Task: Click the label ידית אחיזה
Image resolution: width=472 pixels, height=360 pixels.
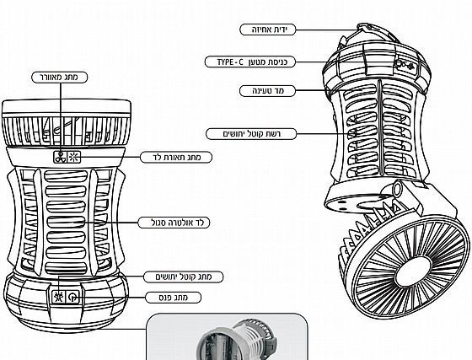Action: [268, 30]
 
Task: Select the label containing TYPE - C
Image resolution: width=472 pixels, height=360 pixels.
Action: [250, 62]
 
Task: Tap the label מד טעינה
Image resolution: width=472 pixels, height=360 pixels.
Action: [268, 91]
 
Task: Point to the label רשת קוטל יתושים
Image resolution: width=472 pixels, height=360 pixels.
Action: [251, 134]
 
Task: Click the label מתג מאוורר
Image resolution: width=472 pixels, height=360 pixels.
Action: [60, 78]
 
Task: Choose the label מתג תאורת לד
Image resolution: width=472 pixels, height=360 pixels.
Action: [176, 157]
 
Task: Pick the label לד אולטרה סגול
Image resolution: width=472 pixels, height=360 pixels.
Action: [174, 223]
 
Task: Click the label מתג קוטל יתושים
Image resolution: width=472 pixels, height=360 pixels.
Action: [184, 277]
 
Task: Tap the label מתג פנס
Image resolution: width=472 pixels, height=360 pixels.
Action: [173, 298]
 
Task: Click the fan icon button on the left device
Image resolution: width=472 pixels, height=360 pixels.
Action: [61, 157]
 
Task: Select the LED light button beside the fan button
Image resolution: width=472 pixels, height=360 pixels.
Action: [74, 157]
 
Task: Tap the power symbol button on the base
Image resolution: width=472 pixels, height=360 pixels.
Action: [72, 298]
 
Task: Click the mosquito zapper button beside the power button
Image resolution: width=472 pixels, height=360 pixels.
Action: [58, 298]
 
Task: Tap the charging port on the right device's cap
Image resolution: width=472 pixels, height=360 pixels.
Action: [400, 63]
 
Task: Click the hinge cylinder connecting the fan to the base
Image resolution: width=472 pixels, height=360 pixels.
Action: [398, 189]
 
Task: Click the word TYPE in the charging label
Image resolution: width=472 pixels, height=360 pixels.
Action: [225, 62]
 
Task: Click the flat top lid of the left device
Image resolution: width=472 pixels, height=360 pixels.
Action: [67, 106]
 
